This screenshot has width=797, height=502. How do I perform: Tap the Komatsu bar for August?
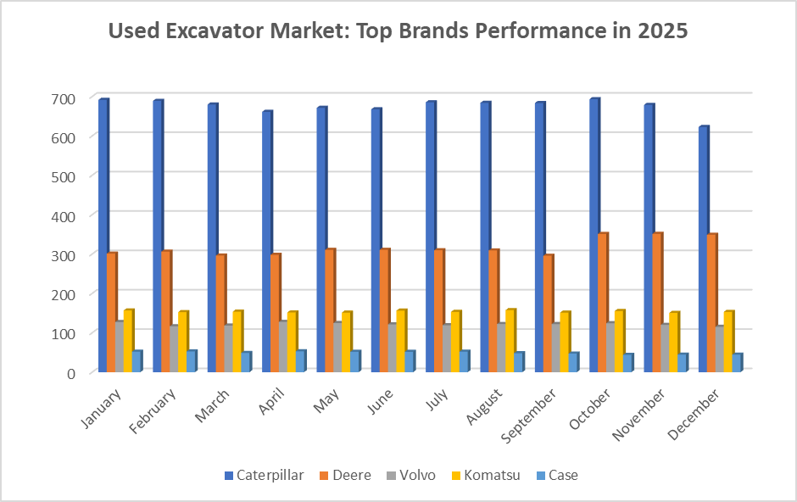510,340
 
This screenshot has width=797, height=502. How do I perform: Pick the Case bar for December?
737,363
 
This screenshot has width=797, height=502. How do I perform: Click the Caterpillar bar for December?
703,249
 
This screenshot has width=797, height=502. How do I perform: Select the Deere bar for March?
220,313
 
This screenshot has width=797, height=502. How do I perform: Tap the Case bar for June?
410,361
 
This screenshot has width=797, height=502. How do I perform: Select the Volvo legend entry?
410,476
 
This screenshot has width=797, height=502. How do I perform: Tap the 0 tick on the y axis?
71,373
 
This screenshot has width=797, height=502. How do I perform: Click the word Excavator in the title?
215,31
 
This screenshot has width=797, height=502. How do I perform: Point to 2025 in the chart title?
661,31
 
